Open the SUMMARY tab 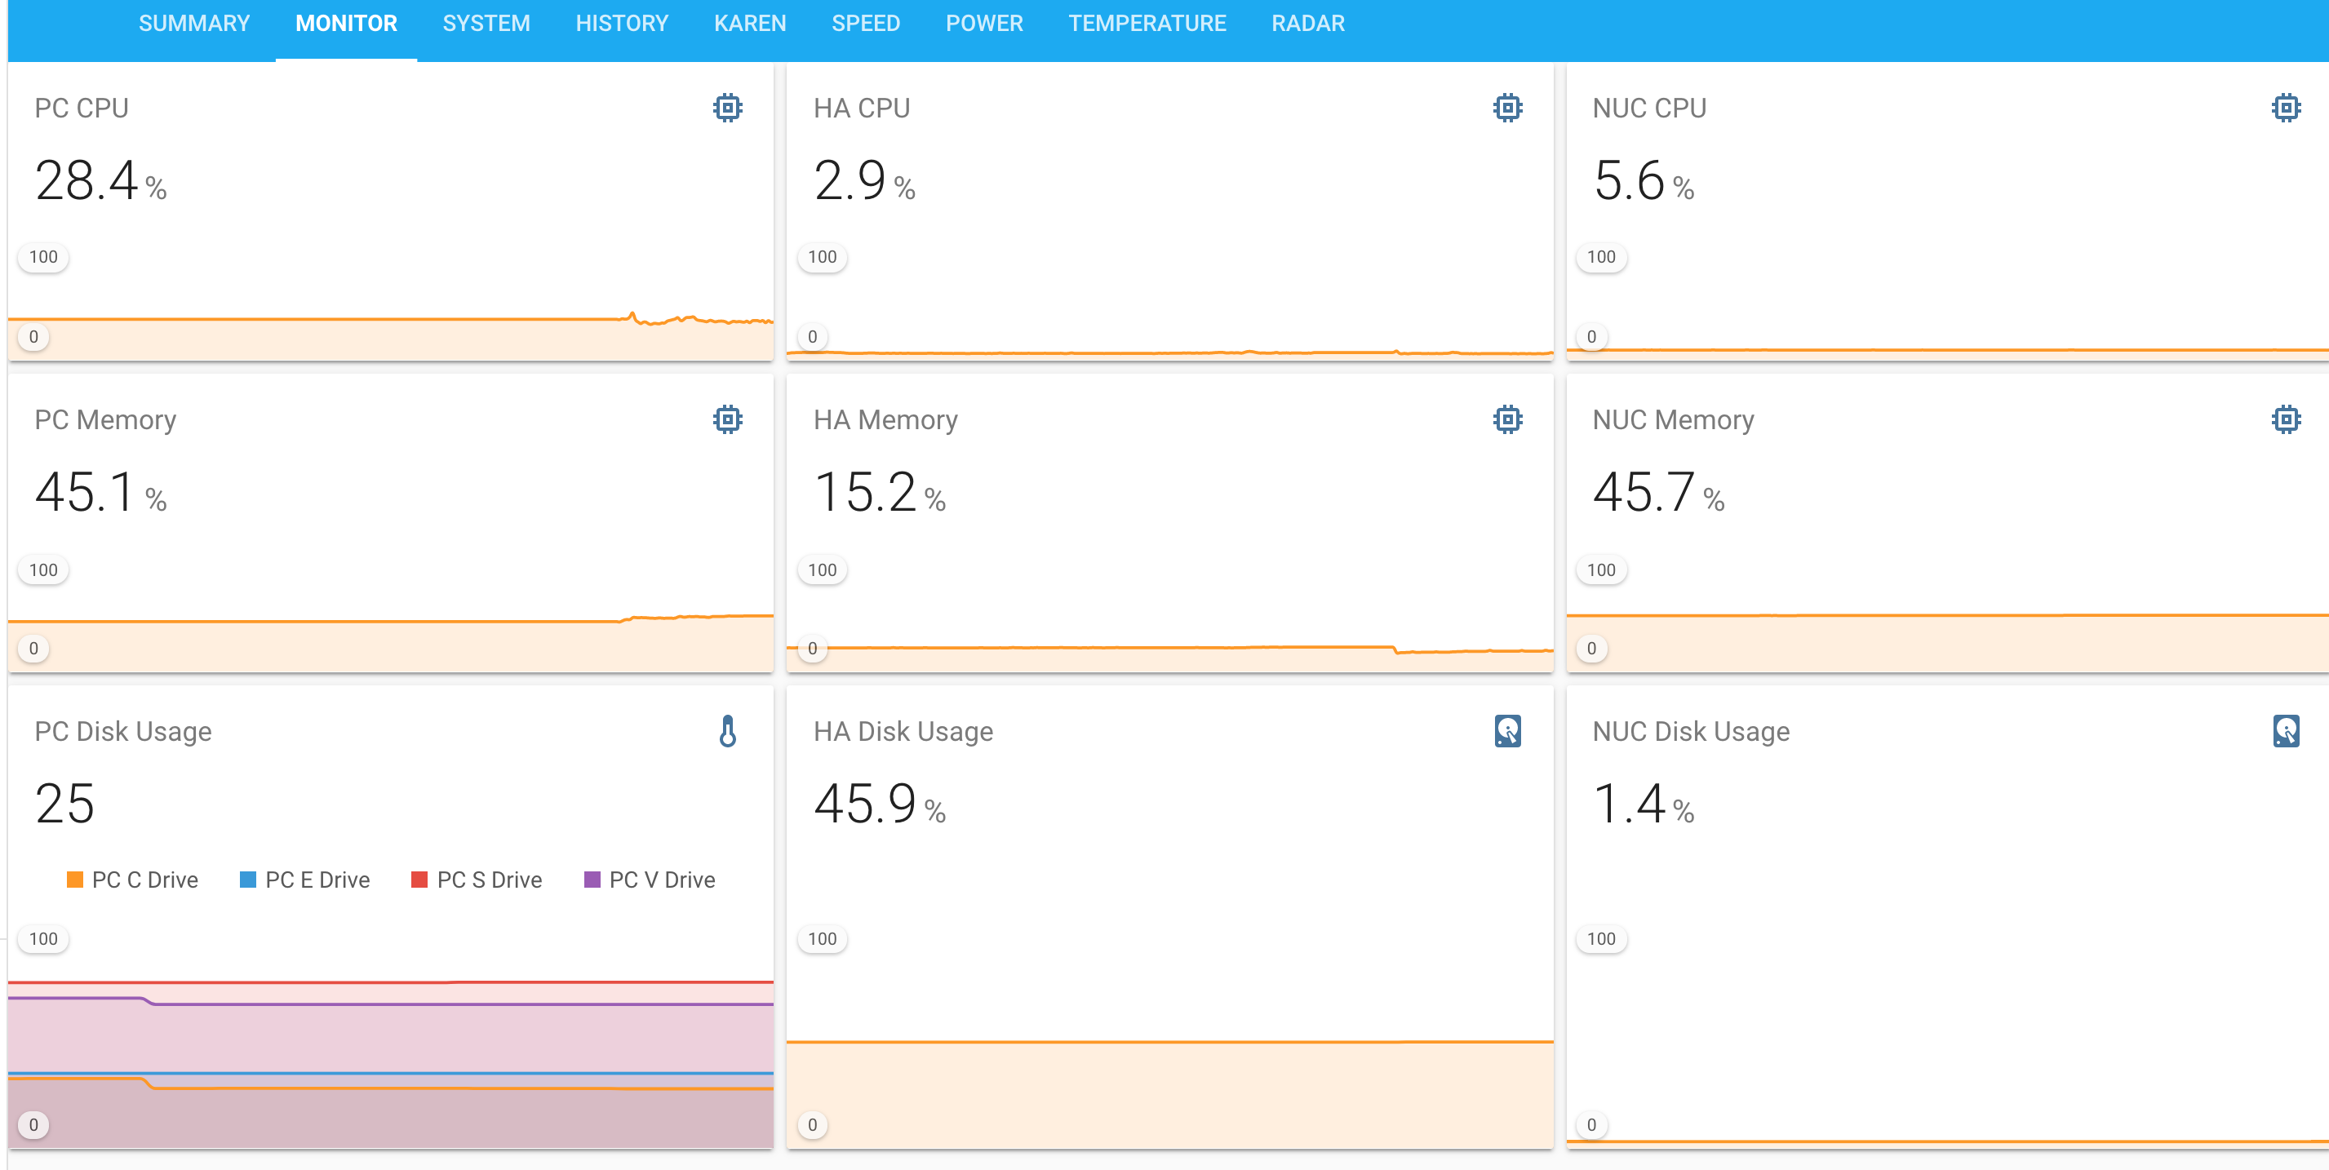(193, 24)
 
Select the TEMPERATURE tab (1147, 24)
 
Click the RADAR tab (1307, 24)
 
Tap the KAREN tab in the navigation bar (749, 24)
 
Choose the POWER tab (983, 24)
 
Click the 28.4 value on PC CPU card (87, 180)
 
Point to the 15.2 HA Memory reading (865, 493)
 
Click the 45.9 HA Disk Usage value (865, 804)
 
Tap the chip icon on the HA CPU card (1507, 108)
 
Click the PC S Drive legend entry (477, 880)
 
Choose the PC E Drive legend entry (304, 880)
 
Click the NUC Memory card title (1673, 419)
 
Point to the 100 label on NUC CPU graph (1600, 257)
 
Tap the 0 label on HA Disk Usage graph (812, 1125)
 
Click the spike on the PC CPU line (632, 315)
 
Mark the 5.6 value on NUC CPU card (1628, 180)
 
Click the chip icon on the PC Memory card (727, 419)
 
